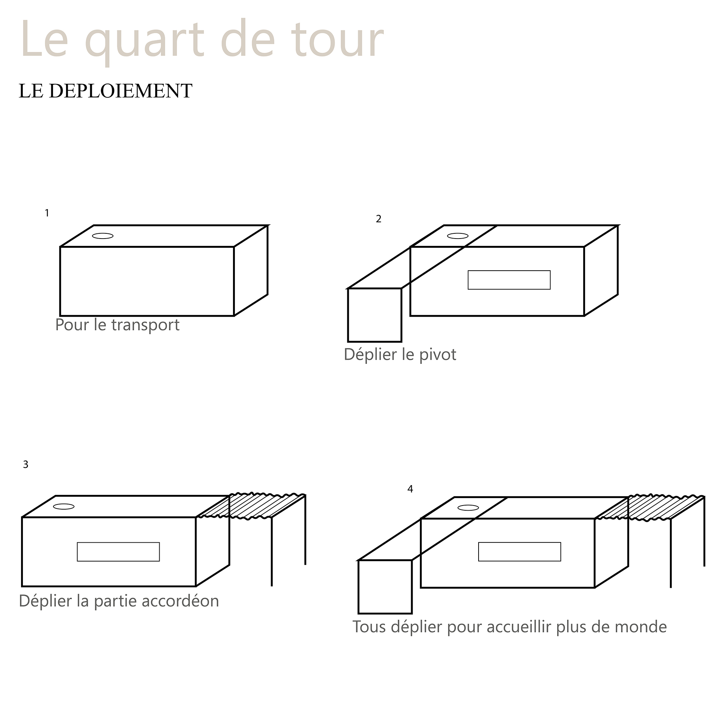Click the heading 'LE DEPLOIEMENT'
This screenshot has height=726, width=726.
pos(105,91)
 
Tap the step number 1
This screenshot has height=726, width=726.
pos(47,213)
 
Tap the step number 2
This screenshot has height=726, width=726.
pos(378,219)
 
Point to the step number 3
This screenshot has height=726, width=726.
pos(25,465)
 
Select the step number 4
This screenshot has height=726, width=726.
pos(410,489)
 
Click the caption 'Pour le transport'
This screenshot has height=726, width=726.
pos(117,325)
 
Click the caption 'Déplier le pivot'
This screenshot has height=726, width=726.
pos(400,355)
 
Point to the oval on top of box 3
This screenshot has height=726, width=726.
pos(64,507)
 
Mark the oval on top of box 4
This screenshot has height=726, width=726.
pos(468,508)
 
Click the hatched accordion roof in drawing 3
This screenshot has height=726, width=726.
pos(251,506)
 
